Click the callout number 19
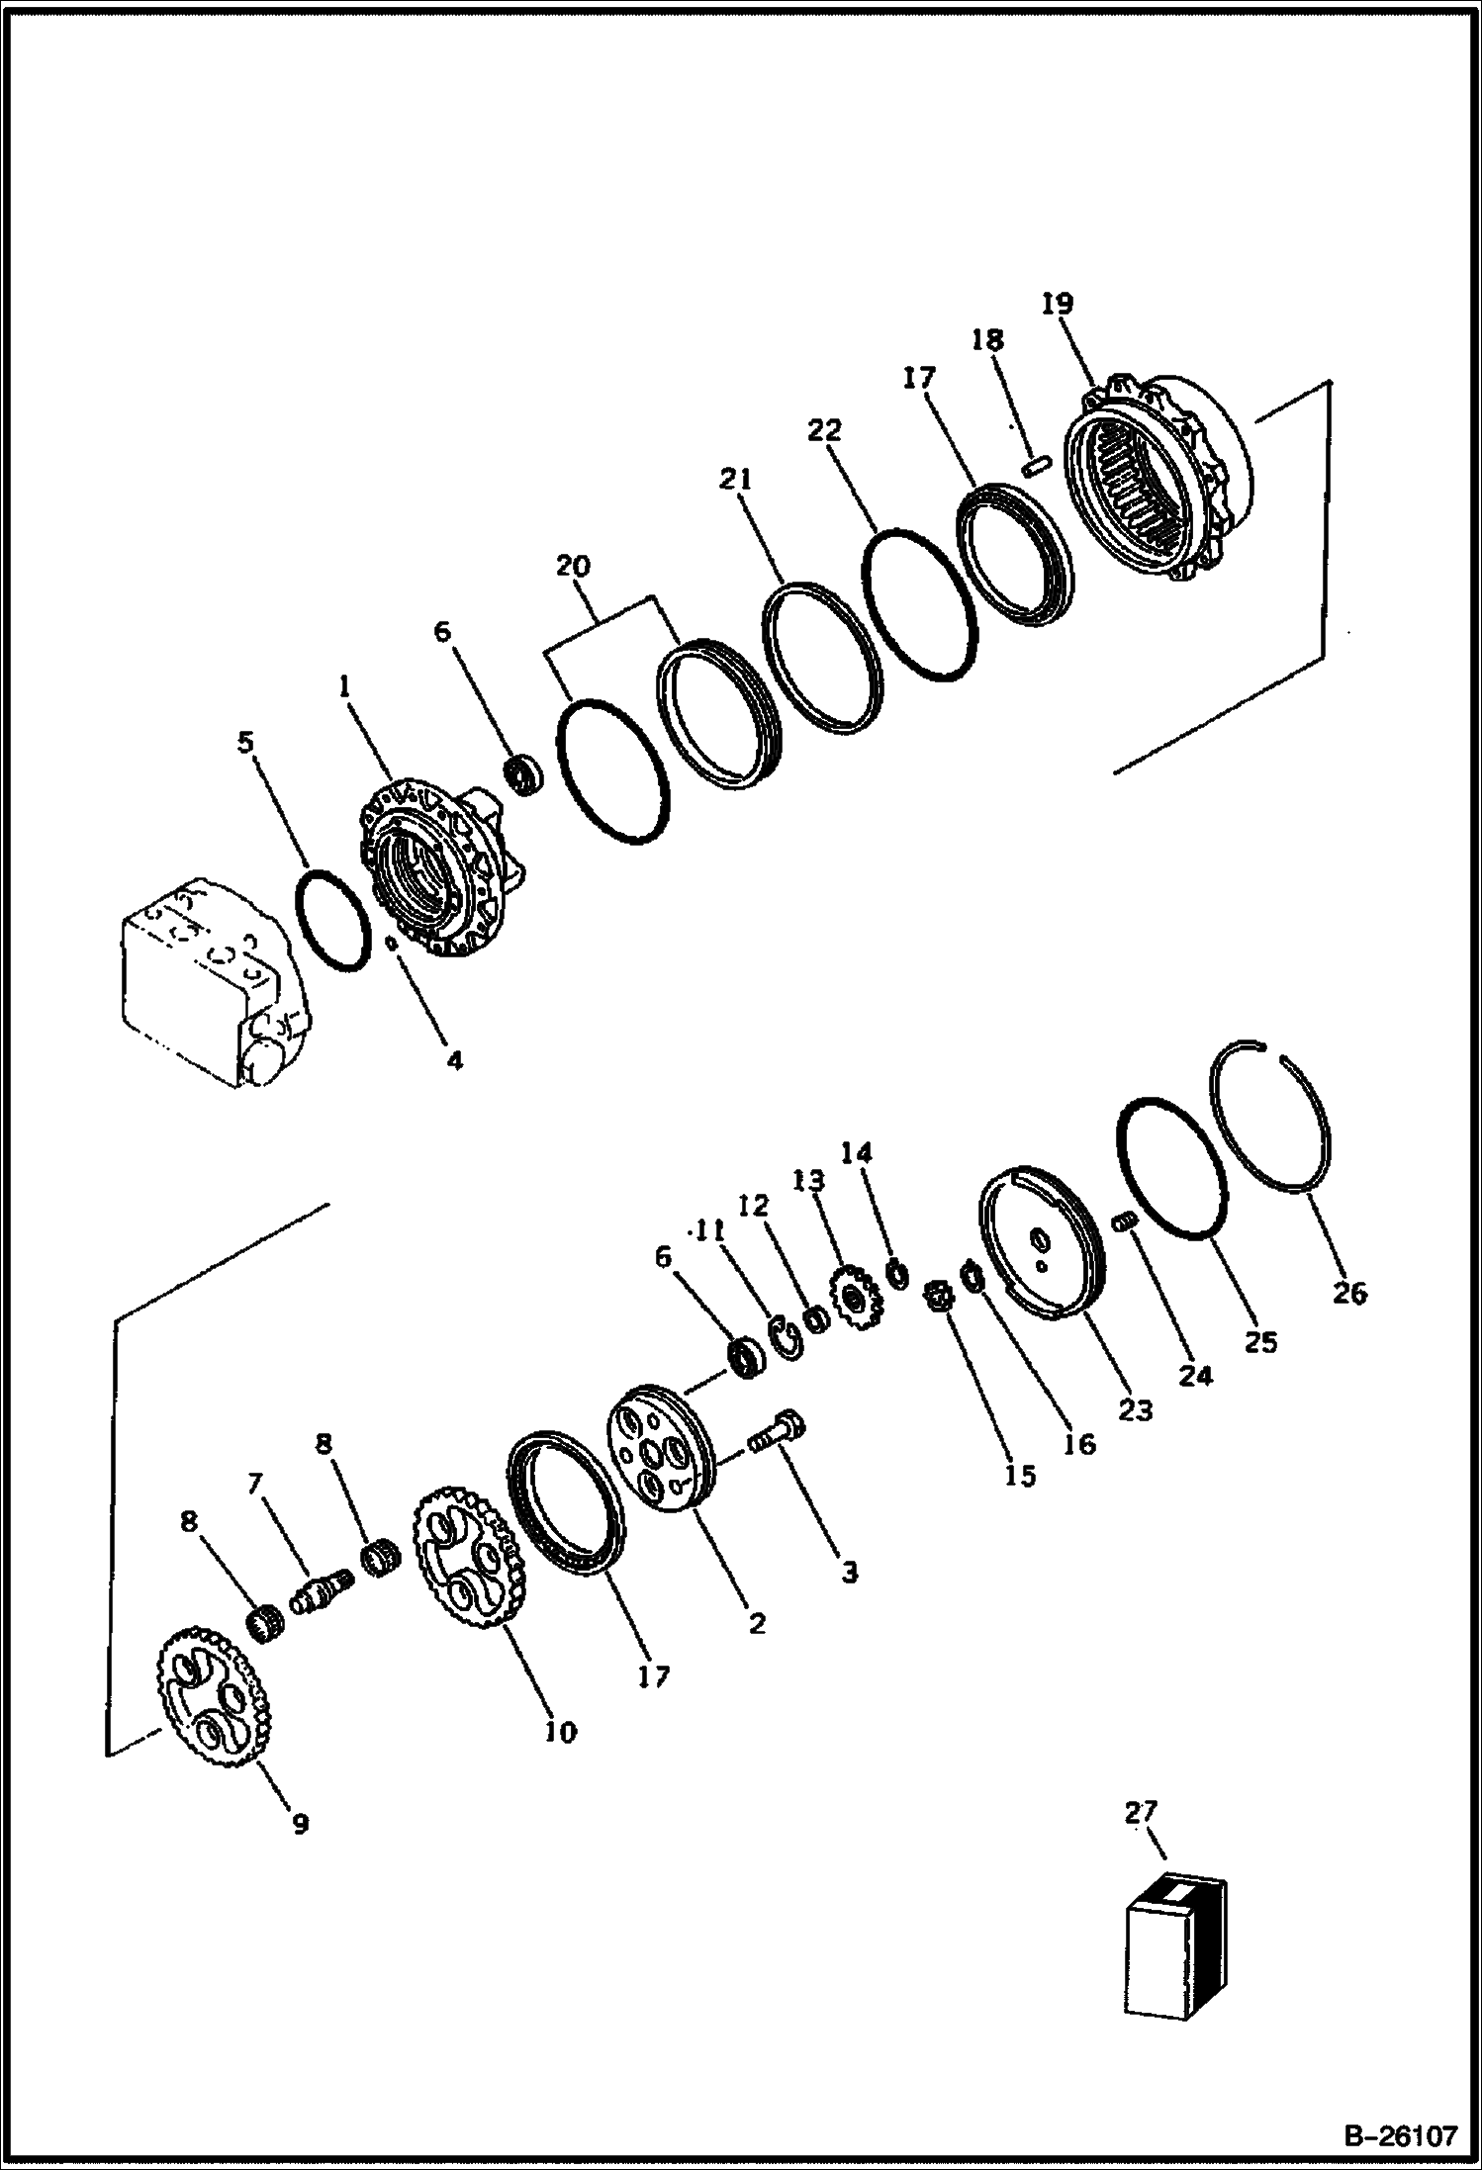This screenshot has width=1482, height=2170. (1057, 303)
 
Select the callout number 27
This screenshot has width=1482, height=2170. (1140, 1811)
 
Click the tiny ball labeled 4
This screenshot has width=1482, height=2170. (393, 943)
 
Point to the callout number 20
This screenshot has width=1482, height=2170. (573, 567)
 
